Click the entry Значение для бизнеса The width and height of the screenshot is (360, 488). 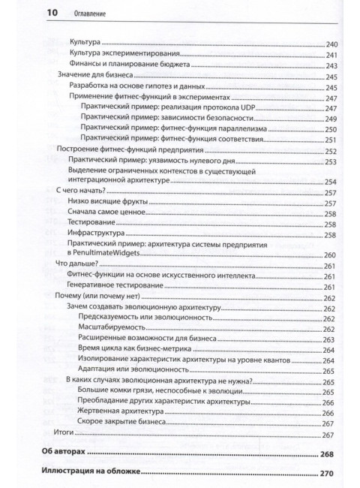coord(93,77)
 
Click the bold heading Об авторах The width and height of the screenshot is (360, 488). coord(67,454)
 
